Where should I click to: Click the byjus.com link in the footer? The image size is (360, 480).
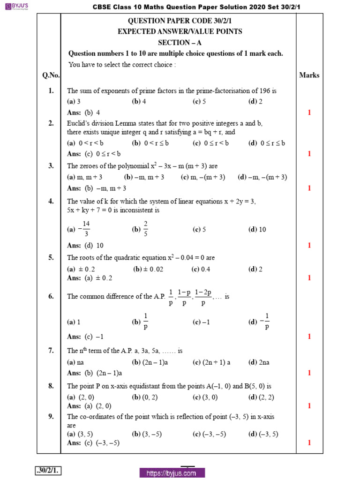pyautogui.click(x=172, y=473)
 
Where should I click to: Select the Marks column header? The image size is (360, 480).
pyautogui.click(x=309, y=75)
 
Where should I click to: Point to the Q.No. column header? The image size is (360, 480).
pyautogui.click(x=49, y=75)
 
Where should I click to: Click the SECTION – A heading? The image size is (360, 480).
pyautogui.click(x=176, y=42)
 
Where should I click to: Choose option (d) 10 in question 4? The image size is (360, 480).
pyautogui.click(x=257, y=229)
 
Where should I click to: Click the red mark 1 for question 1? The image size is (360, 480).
pyautogui.click(x=309, y=112)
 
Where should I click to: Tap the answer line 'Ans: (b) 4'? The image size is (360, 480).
pyautogui.click(x=83, y=112)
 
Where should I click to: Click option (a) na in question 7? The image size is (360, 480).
pyautogui.click(x=75, y=362)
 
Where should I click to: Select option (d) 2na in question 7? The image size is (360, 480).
pyautogui.click(x=257, y=362)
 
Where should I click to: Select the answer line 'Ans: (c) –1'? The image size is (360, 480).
pyautogui.click(x=85, y=337)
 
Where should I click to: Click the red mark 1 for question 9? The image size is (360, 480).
pyautogui.click(x=309, y=442)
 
